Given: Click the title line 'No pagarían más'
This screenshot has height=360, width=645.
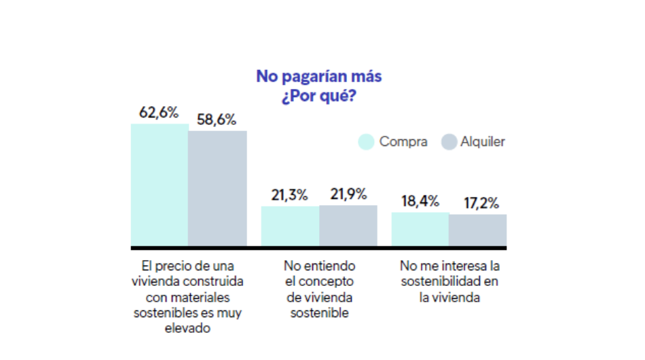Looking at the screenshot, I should coord(318,77).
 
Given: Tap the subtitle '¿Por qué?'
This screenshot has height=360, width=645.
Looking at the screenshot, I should coord(318,96).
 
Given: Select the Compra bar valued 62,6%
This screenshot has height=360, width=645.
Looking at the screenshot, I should coord(160,185).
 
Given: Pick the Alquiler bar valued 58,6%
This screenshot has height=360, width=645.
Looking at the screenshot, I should coord(217,188).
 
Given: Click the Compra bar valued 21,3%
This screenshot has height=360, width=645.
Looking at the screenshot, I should coord(290,226).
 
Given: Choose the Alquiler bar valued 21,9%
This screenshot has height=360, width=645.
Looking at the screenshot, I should coord(348,225).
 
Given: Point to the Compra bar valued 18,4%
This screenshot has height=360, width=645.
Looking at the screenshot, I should coord(420,229).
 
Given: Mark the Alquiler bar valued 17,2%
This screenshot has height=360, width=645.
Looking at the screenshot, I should coord(478,230).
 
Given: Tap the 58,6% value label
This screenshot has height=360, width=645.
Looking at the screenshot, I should coord(217,120).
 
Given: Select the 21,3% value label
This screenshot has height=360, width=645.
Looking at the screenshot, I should coord(290,196).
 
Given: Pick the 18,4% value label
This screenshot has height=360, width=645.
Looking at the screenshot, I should coord(420,202).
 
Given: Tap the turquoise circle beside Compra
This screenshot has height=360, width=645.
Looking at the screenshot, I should coord(366,142).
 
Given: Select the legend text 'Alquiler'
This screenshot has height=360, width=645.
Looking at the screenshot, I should coord(483,142).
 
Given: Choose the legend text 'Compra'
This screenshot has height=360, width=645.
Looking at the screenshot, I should coord(403,142).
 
